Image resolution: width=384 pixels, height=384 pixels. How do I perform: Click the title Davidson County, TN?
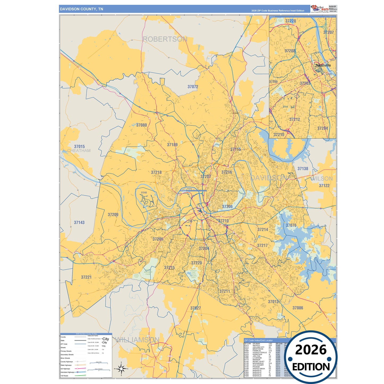coord(81,9)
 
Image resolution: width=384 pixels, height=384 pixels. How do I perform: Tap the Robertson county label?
coord(165,39)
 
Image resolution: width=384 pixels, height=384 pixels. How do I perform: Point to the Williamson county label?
coord(137,340)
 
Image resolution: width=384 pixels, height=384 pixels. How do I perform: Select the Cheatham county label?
coord(79,151)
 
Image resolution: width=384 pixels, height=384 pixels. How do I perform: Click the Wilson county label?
coord(322,179)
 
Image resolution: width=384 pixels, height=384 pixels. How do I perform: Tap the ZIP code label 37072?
coord(193,87)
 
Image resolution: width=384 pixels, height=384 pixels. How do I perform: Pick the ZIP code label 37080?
coord(141,125)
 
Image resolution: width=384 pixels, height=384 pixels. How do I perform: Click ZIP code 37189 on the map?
coord(172,145)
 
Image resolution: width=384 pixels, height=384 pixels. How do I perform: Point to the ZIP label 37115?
coord(235,149)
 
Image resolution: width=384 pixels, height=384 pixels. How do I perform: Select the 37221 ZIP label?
coord(86,277)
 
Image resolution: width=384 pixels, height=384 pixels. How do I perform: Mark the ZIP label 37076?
coord(291,225)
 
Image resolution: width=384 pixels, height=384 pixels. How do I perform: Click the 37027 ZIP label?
coord(196,308)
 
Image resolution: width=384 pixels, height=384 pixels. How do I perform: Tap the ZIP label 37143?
coord(79,222)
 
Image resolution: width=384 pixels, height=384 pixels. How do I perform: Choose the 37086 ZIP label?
coord(298,308)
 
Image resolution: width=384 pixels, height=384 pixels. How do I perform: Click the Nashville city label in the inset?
coord(323,65)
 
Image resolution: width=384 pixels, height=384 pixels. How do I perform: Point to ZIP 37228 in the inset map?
coord(290,21)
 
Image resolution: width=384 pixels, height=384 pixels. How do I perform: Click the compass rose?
coord(121,369)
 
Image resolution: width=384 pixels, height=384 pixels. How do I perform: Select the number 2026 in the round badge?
coord(311,350)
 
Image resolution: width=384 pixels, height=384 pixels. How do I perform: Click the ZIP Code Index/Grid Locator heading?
coord(258,340)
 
